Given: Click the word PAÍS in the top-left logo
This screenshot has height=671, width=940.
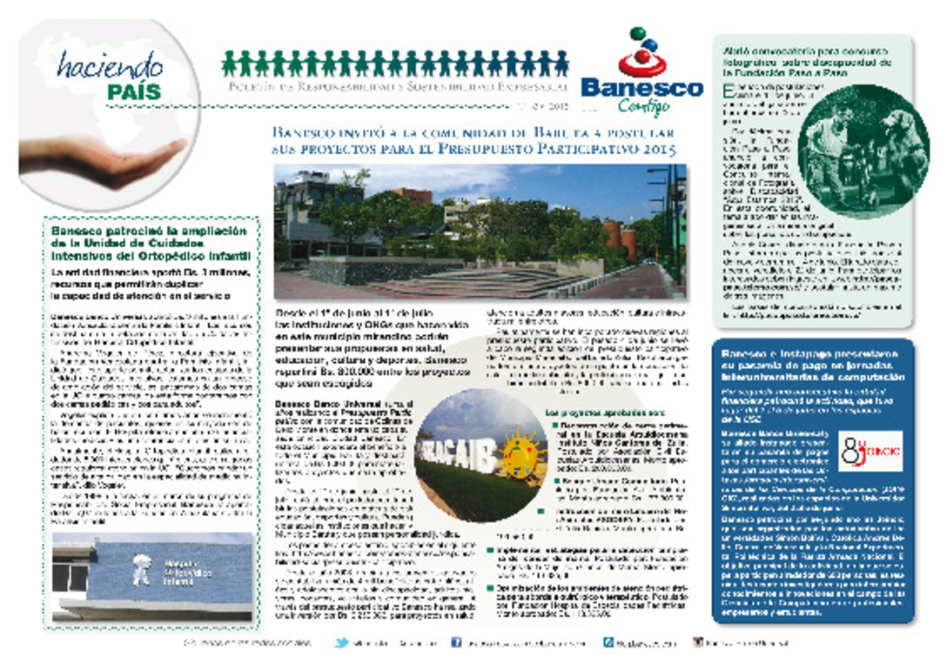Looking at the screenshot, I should (135, 91).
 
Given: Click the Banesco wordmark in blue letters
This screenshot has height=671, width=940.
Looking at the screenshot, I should (641, 88).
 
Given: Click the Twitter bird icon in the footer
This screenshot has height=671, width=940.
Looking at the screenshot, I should (343, 643).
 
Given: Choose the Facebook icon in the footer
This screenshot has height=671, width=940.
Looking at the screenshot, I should (455, 643).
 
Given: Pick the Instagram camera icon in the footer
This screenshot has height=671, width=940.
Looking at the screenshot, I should (698, 643).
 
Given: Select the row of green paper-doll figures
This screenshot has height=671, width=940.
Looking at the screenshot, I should (395, 63).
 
